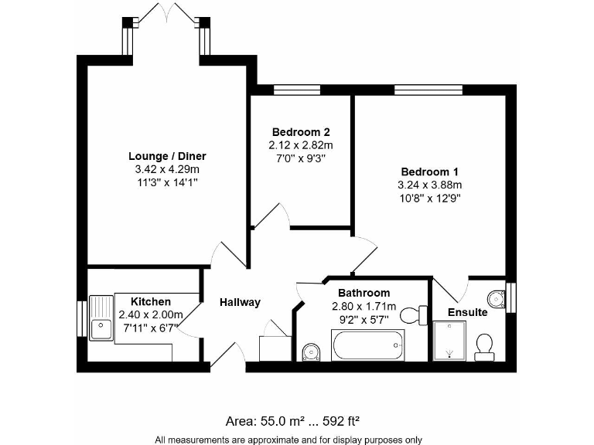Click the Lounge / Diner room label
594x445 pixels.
click(x=167, y=156)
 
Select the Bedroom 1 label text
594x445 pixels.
click(x=429, y=172)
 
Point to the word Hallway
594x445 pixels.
click(x=240, y=302)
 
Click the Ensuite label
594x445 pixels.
click(x=468, y=313)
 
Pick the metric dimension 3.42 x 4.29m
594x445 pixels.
click(x=167, y=169)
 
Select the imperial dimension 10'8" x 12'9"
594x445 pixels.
click(x=429, y=198)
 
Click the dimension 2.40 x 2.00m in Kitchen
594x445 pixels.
click(x=151, y=314)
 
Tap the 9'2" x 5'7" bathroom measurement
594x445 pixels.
click(x=364, y=318)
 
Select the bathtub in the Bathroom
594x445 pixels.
click(x=368, y=345)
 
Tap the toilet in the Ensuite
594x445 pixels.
click(x=486, y=345)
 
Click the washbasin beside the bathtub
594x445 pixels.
click(x=312, y=352)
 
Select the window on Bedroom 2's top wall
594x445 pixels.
click(x=297, y=90)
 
